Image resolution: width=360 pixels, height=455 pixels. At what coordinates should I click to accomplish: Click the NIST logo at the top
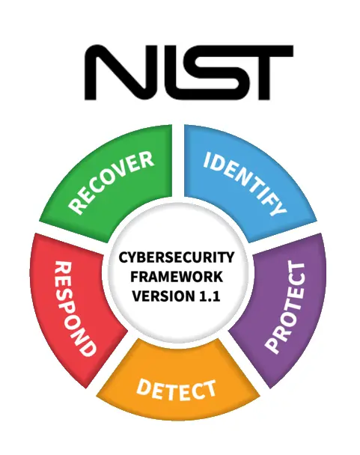189,73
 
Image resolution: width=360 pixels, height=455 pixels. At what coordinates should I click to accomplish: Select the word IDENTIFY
245,183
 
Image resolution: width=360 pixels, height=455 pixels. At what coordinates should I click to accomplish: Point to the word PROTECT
286,307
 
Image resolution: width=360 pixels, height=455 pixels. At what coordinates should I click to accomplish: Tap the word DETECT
176,390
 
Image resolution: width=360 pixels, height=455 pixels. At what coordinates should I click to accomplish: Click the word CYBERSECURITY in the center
177,257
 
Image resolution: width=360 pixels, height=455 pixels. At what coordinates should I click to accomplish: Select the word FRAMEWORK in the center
177,277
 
